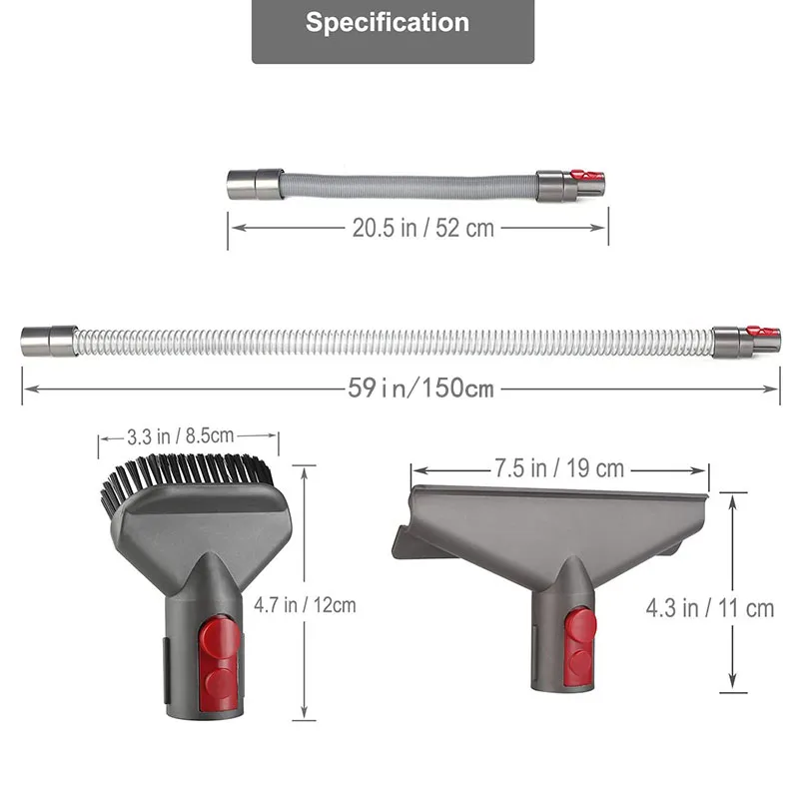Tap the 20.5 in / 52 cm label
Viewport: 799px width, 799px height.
422,228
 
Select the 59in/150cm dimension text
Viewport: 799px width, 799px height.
419,389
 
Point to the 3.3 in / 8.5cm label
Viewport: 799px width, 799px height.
181,435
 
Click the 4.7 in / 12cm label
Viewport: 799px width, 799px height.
305,604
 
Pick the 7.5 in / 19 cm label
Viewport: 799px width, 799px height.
559,468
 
